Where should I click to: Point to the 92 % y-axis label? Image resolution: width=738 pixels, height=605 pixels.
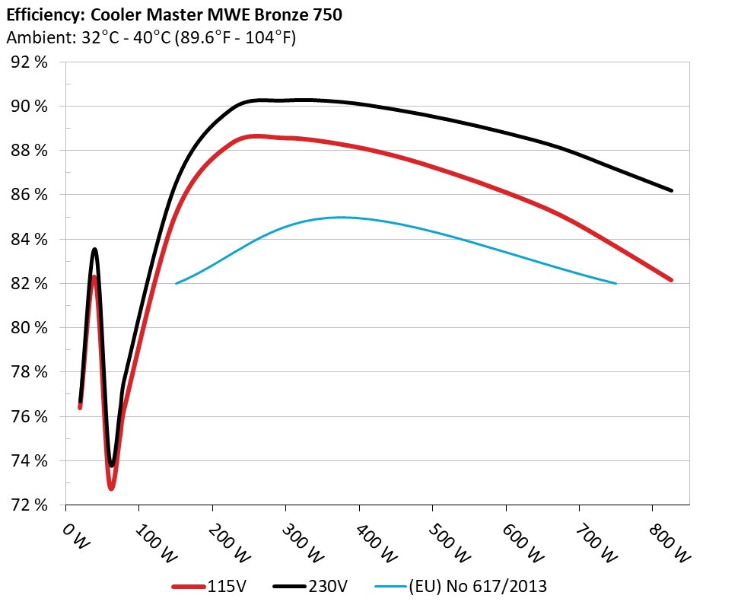pos(29,62)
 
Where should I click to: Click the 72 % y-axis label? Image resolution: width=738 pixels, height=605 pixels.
pos(29,505)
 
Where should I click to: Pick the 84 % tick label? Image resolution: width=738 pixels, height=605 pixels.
pos(29,240)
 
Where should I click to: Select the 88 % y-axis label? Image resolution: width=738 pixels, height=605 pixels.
pos(29,151)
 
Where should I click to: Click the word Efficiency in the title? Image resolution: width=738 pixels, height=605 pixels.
pos(38,14)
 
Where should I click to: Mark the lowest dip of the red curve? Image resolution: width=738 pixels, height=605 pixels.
pos(111,487)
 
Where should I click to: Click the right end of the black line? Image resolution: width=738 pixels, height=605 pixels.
pos(672,190)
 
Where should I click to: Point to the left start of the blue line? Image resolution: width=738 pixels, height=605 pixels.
pos(177,283)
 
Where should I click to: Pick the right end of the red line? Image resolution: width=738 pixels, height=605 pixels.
pos(672,280)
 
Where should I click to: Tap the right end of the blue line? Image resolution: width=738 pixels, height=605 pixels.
pos(616,283)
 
